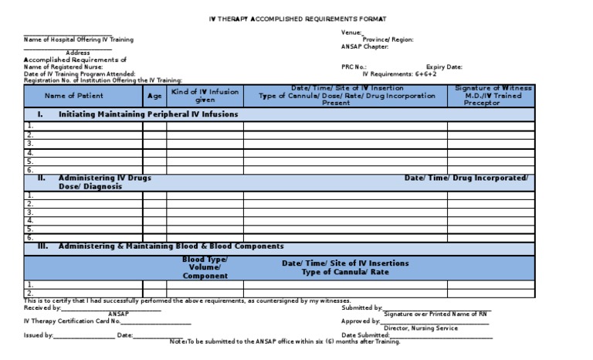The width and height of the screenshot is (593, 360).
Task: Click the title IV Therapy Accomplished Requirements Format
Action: (298, 18)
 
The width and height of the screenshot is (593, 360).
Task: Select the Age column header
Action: (154, 96)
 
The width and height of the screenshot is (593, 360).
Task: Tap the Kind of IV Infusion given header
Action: (205, 96)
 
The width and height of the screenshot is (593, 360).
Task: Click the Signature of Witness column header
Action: (493, 95)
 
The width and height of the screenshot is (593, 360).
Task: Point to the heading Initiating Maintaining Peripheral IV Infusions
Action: (148, 114)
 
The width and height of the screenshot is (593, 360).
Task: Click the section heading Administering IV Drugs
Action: (104, 178)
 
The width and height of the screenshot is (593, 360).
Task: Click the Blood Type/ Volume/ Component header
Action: (205, 267)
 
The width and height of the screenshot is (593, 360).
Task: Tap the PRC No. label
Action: (354, 67)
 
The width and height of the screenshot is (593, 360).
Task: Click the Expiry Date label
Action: (444, 67)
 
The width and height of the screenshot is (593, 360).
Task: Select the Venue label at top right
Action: (351, 32)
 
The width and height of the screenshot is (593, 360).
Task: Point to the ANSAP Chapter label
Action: (364, 46)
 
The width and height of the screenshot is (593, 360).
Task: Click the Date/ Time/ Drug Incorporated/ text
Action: (466, 178)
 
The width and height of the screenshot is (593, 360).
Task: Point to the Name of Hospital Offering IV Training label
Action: (79, 39)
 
